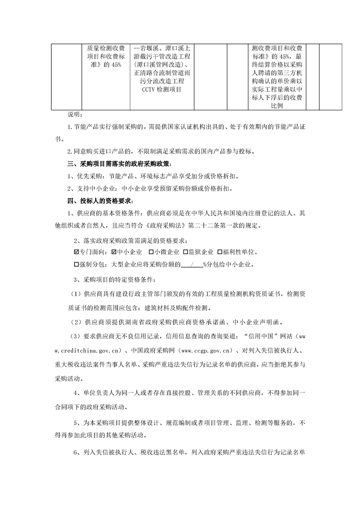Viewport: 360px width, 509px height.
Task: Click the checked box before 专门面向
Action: tap(76, 252)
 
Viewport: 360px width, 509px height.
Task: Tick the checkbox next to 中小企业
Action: tap(114, 252)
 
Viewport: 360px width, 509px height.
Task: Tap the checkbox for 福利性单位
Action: tap(220, 252)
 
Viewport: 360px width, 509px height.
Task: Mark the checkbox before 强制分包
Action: tap(76, 264)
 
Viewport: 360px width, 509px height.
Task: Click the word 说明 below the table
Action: tap(73, 114)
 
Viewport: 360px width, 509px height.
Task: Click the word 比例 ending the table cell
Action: tap(277, 105)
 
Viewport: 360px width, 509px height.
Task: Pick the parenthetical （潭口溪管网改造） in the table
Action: tap(161, 64)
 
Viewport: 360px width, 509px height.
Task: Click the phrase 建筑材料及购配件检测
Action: tap(177, 308)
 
